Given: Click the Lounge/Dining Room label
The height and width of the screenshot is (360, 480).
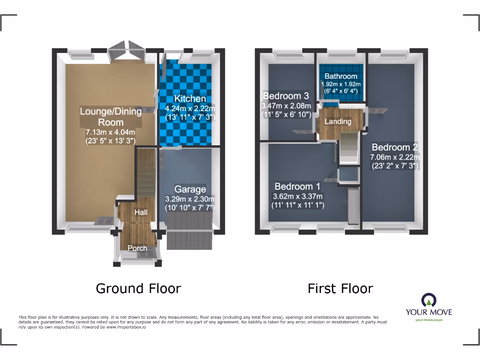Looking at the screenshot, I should [111, 117].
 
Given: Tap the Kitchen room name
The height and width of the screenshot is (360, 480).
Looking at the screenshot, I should [190, 99].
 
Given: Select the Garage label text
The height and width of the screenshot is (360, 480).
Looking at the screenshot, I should [190, 189].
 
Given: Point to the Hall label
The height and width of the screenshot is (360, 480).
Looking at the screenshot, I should [141, 212].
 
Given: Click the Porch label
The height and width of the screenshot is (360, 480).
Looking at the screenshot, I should [137, 248].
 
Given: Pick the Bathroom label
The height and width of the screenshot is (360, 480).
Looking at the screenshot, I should [341, 76].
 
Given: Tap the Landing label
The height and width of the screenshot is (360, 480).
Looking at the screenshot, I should [338, 121].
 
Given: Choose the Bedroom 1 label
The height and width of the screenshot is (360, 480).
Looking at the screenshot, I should [298, 186].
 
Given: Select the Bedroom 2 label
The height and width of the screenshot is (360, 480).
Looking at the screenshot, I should [395, 147].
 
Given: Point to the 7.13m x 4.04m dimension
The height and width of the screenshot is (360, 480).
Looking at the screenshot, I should [111, 132].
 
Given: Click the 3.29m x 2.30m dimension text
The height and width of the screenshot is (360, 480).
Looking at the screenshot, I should [190, 199].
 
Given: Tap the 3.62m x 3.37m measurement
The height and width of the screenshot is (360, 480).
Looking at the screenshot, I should [298, 196].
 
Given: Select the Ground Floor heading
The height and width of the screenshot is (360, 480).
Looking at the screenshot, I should [138, 288].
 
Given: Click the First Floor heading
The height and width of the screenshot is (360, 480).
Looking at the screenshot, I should [340, 288].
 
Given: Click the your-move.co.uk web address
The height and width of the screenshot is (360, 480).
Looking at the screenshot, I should [428, 320].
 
